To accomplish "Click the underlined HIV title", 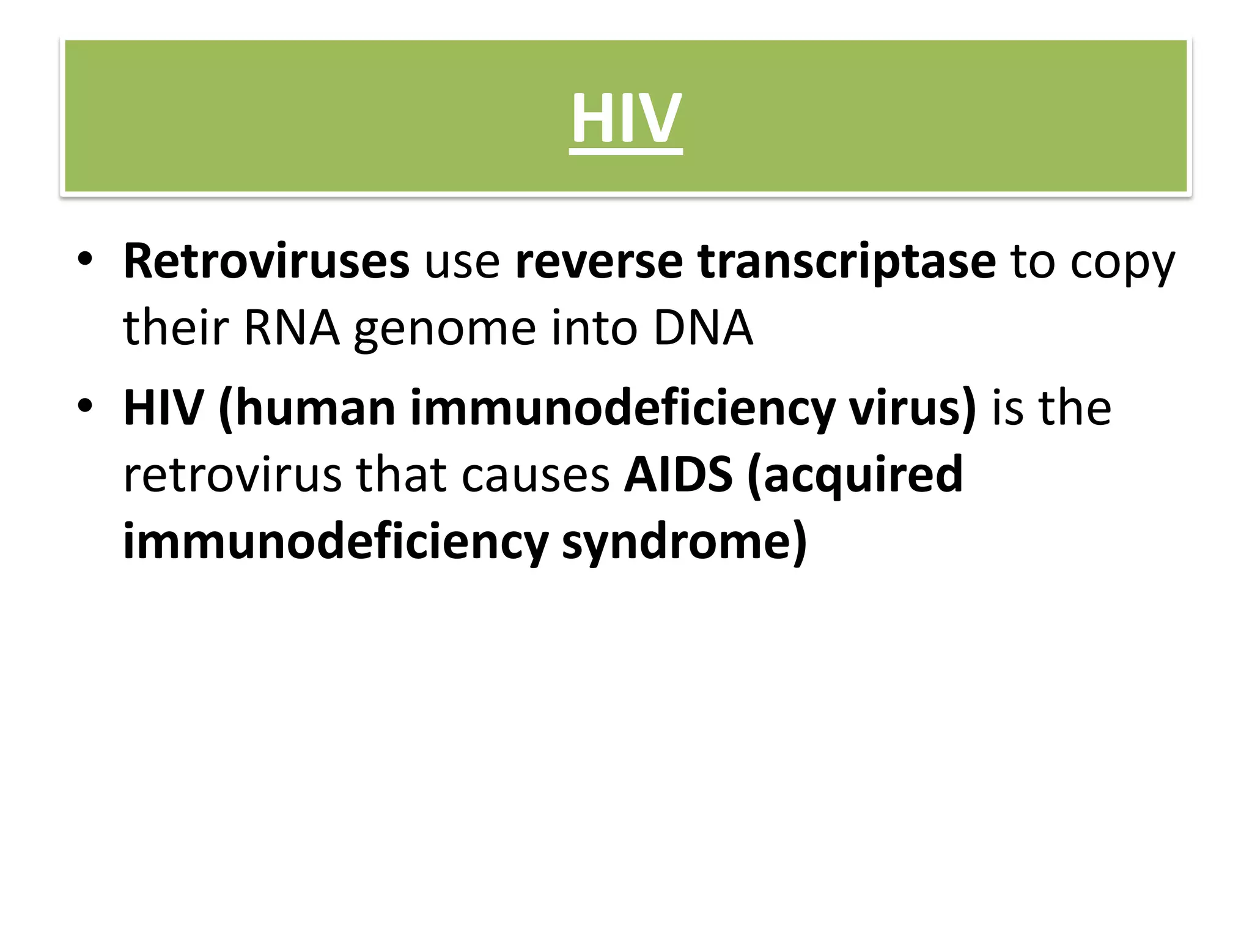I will tap(625, 119).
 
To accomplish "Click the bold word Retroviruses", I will tap(266, 262).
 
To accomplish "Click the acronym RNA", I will tap(291, 328).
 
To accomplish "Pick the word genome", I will tap(445, 330).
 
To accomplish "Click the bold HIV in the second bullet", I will tap(163, 408).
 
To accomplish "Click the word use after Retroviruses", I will tap(462, 264).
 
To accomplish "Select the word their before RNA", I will tap(176, 328).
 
